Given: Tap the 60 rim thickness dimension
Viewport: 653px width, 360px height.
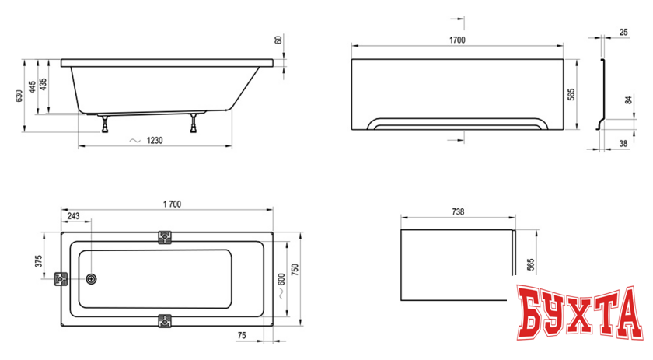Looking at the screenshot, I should click(x=278, y=39).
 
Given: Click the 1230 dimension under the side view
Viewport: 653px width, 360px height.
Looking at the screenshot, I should click(x=155, y=140).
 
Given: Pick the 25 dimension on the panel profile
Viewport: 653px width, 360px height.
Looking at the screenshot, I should click(x=624, y=33).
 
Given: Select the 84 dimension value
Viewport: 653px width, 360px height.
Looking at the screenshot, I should click(x=627, y=100).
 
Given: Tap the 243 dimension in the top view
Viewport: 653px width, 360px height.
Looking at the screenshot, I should click(x=73, y=215).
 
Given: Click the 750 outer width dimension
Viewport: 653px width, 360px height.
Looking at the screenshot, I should click(x=295, y=268).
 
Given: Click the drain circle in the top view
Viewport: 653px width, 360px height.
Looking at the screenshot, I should click(x=93, y=280).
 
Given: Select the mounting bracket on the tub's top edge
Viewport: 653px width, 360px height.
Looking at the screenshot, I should click(x=164, y=237).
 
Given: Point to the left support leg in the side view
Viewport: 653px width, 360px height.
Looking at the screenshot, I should click(x=103, y=121).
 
